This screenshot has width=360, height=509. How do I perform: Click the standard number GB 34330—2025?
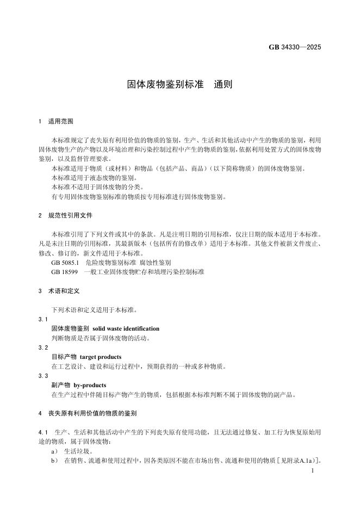[x=295, y=47]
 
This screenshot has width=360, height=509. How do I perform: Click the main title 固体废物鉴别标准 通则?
[x=179, y=84]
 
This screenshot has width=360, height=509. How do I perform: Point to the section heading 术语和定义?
[x=64, y=291]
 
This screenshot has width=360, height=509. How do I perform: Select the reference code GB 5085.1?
[x=65, y=262]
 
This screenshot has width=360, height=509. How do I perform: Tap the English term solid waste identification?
[x=126, y=328]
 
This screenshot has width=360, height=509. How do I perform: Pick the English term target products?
[x=101, y=357]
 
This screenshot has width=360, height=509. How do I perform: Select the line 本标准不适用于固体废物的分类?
[x=90, y=187]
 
